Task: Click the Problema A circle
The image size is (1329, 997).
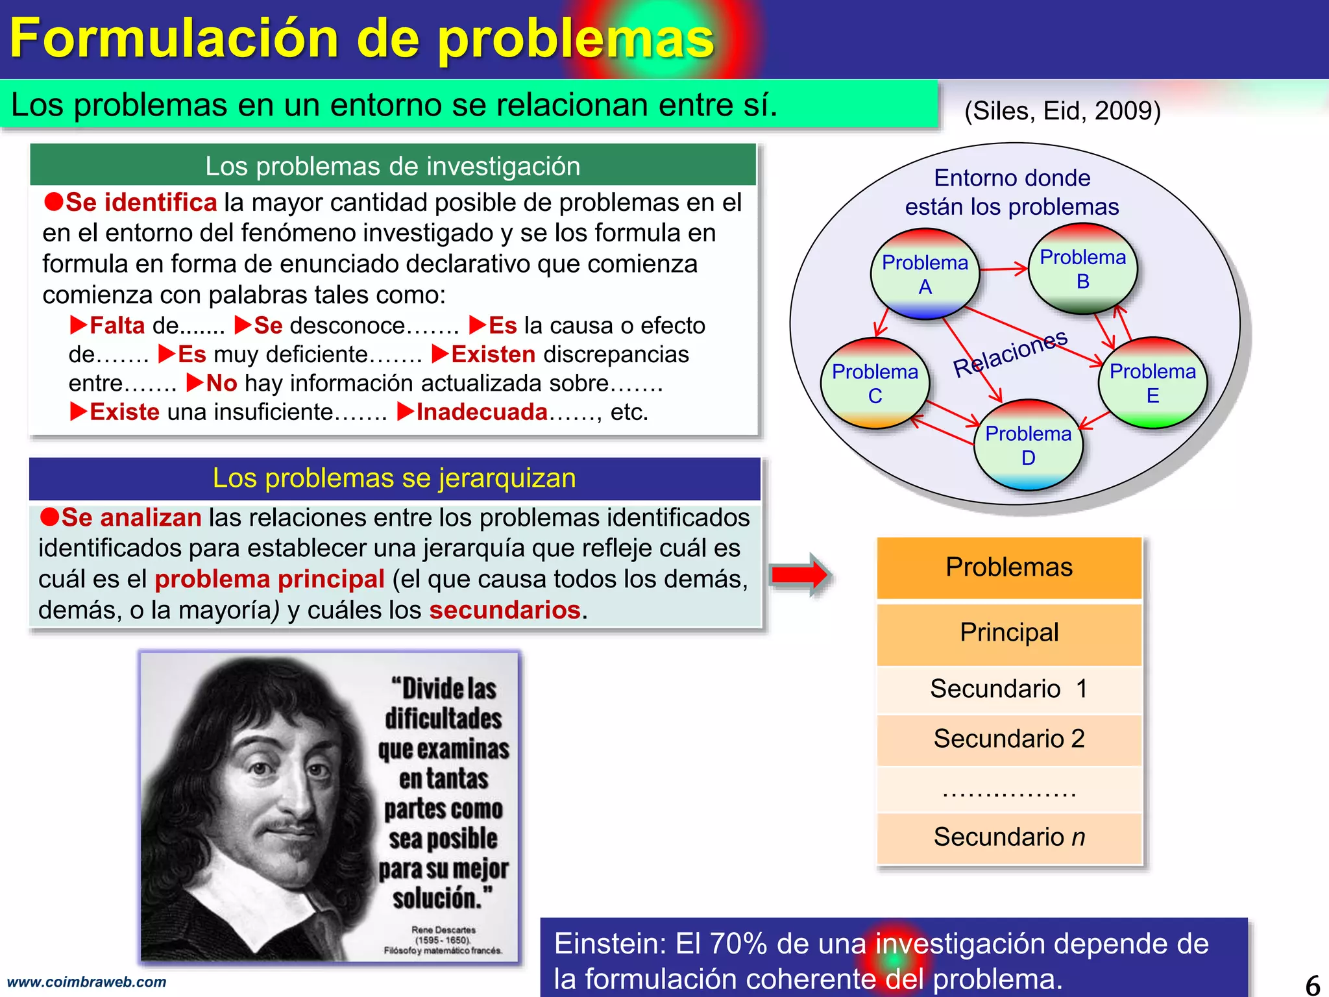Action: tap(925, 274)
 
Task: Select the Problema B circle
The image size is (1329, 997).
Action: tap(1082, 269)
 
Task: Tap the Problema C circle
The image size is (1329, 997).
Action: tap(875, 383)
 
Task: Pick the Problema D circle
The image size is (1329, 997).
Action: tap(1028, 445)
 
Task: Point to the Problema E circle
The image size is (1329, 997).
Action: tap(1152, 383)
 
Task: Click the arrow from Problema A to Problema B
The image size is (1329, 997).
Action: tap(1004, 269)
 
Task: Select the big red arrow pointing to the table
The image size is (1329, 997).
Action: tap(799, 574)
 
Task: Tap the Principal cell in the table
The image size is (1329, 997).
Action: tap(1009, 633)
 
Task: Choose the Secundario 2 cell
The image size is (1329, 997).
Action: tap(1009, 739)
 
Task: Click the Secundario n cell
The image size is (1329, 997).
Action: tap(1009, 837)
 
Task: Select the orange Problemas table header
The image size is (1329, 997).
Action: tap(1009, 567)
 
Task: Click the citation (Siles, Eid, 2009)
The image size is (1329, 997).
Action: tap(1062, 111)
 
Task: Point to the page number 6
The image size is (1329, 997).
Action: tap(1312, 985)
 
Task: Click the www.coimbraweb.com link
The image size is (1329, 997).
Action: tap(86, 982)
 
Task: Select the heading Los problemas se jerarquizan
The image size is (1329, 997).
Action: tap(394, 478)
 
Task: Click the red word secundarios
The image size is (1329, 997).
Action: tap(504, 610)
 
